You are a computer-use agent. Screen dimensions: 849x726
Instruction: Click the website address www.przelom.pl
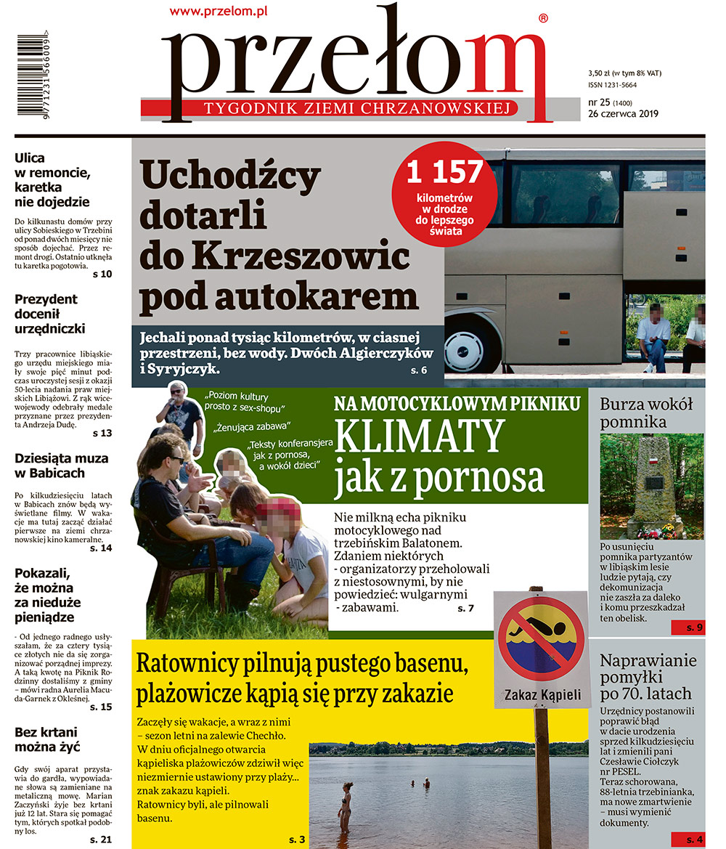click(x=220, y=10)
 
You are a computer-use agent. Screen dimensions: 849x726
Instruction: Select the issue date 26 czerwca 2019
click(x=623, y=113)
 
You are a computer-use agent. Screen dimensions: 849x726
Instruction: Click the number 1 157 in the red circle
click(x=444, y=173)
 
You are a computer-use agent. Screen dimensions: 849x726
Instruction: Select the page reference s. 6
click(x=419, y=371)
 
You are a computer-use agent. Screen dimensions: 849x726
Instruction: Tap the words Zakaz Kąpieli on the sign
click(x=542, y=695)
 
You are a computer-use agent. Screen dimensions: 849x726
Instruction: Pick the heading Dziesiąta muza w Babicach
click(x=61, y=466)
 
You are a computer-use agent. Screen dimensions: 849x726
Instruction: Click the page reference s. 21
click(x=101, y=840)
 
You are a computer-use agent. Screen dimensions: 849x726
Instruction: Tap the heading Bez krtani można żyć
click(x=47, y=739)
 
